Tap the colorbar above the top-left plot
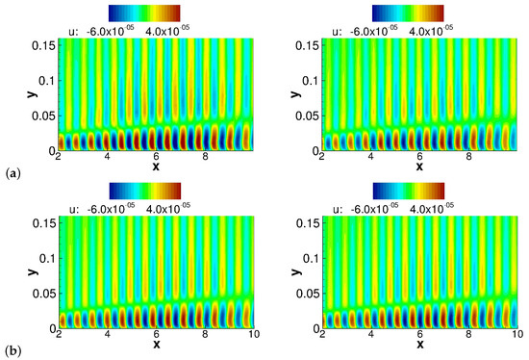(144, 12)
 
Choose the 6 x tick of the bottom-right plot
(420, 334)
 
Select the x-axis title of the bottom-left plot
(155, 344)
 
